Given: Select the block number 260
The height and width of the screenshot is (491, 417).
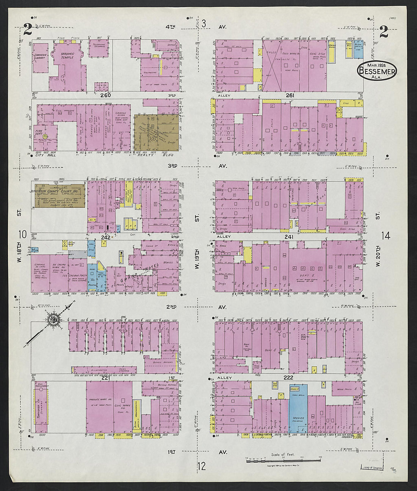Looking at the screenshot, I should tap(105, 96).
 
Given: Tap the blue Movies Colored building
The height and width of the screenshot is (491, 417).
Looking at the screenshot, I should tap(298, 409).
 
